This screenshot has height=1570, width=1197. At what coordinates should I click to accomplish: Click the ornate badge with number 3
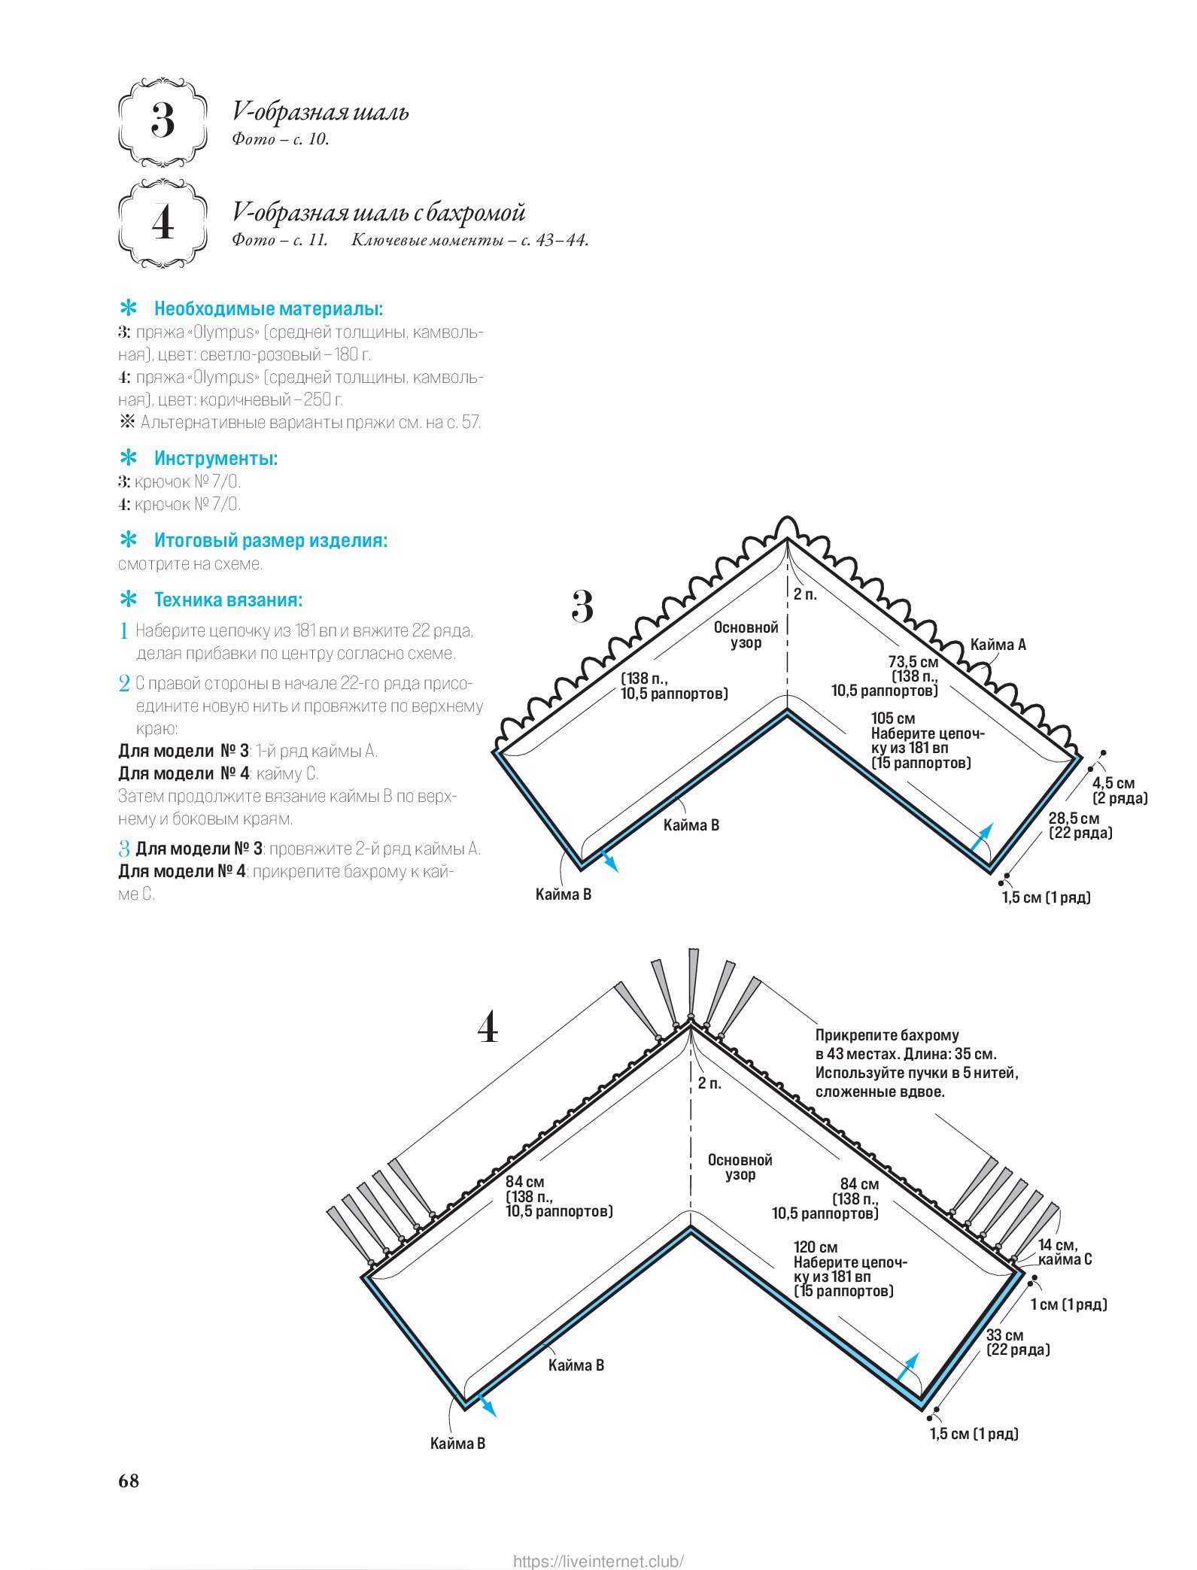[163, 121]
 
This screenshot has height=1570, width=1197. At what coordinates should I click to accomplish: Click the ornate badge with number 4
[163, 223]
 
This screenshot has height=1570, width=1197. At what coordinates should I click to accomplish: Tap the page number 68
[129, 1480]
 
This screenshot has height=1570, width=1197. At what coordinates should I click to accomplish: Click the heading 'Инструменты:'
[216, 458]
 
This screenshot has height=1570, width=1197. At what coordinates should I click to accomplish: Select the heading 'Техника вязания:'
[228, 600]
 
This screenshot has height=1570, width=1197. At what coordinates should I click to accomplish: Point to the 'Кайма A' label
[998, 645]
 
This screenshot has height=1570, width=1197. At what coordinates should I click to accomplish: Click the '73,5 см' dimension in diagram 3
[913, 662]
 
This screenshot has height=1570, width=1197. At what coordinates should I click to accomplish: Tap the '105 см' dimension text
[893, 718]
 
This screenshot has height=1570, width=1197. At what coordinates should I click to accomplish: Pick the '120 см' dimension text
[816, 1247]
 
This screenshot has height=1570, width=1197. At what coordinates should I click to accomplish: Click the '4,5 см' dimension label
[1113, 783]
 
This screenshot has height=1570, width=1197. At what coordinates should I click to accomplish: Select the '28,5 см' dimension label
[1074, 818]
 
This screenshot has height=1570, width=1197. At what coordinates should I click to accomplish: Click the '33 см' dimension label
[1005, 1335]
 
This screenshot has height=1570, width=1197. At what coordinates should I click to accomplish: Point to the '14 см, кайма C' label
[1065, 1253]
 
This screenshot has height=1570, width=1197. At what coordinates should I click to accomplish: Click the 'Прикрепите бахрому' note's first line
[887, 1035]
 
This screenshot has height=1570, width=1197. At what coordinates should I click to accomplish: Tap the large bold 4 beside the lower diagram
[488, 1027]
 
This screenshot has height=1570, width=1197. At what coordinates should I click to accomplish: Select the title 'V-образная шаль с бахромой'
[378, 213]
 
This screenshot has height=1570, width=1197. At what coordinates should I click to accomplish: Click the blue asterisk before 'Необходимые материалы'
[129, 308]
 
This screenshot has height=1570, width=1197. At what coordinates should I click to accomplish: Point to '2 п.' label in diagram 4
[709, 1083]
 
